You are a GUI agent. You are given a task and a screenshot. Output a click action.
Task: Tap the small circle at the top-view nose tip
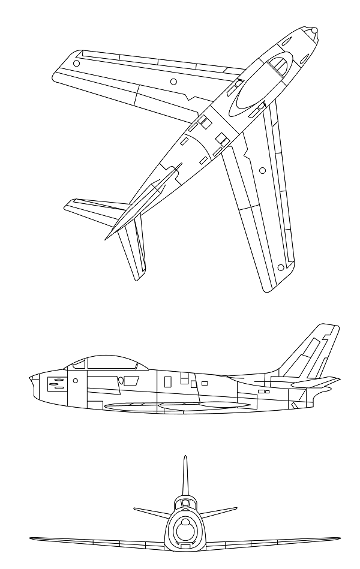[314, 29]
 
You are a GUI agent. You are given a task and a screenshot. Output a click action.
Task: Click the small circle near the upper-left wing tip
[76, 62]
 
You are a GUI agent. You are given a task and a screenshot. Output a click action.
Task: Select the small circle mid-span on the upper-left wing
[173, 81]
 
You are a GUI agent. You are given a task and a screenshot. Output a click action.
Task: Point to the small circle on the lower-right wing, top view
[262, 171]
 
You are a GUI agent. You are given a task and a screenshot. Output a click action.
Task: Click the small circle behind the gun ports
[76, 381]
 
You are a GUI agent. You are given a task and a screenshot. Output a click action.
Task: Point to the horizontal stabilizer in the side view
[318, 381]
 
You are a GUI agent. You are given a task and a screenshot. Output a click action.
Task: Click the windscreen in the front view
[185, 502]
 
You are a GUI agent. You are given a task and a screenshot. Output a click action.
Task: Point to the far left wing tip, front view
[31, 538]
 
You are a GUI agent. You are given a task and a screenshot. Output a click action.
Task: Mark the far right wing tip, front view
[339, 538]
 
